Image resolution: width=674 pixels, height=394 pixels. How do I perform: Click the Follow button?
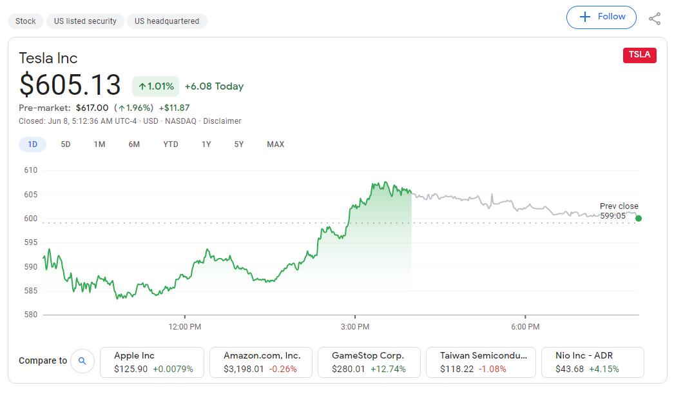(601, 17)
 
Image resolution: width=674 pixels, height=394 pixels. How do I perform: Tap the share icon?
(655, 19)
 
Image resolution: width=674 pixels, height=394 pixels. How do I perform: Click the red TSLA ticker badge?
(639, 55)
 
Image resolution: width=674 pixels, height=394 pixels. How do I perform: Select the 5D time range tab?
(66, 144)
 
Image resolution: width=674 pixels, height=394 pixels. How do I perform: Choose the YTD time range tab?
(171, 144)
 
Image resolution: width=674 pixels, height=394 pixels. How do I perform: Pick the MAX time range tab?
(275, 144)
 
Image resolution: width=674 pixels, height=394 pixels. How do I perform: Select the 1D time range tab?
(32, 144)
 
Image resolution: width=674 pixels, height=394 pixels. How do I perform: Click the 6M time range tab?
(134, 144)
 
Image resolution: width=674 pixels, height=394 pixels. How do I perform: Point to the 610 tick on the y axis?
(31, 170)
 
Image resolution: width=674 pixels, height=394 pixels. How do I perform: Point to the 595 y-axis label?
(31, 242)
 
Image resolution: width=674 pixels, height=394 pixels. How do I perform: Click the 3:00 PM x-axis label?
(355, 327)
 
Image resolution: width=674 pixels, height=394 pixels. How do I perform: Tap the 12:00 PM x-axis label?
(185, 327)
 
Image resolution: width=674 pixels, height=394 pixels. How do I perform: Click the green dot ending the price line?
(639, 219)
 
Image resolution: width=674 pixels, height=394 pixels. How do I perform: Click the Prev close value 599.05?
(612, 216)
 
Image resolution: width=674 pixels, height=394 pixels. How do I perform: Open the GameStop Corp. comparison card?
(369, 362)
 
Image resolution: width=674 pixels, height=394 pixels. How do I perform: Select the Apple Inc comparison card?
(152, 362)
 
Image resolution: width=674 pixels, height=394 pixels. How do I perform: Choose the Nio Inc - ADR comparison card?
(591, 362)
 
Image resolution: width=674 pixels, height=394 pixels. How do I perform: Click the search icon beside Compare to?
(82, 361)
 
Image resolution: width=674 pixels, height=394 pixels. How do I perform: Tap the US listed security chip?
(85, 21)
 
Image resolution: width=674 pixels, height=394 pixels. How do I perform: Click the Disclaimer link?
(222, 121)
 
